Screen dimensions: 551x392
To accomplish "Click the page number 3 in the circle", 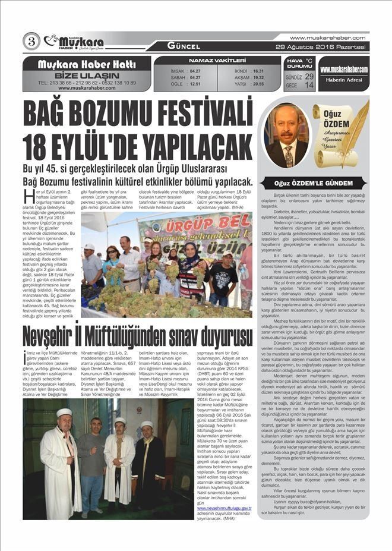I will tap(31, 42).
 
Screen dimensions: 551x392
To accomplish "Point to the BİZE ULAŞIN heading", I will tap(86, 75).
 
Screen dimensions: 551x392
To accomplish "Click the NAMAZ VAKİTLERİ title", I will tap(217, 61).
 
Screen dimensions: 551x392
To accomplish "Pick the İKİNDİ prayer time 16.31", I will tap(258, 71).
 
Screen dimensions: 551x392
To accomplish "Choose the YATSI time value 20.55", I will tap(258, 84).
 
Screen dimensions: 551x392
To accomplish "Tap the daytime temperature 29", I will tap(309, 77).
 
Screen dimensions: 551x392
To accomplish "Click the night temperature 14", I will tap(309, 86).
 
